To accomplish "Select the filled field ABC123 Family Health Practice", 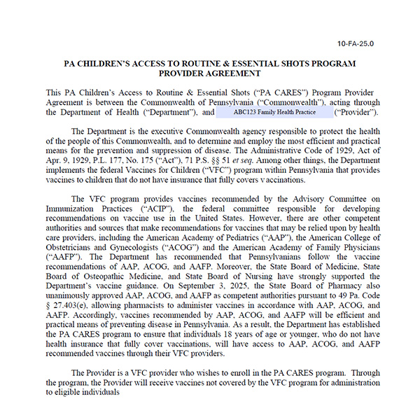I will point(274,112).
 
